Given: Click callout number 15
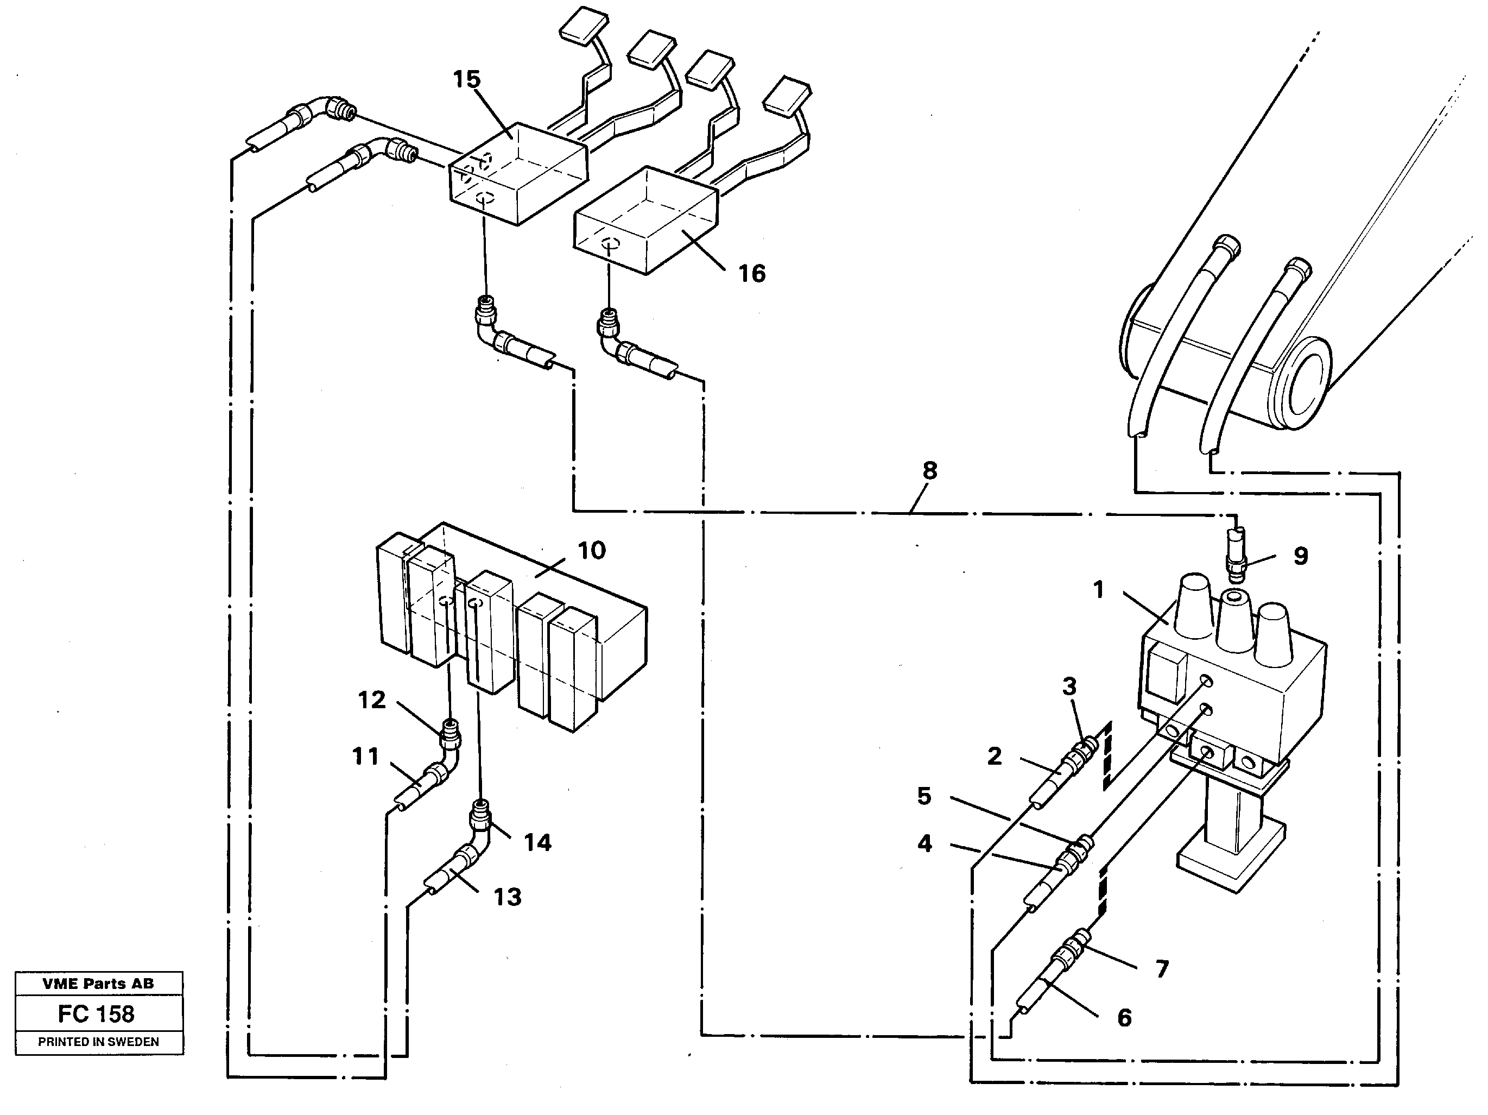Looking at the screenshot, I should (466, 79).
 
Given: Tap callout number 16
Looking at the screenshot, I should (751, 274).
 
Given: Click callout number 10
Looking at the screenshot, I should (591, 550).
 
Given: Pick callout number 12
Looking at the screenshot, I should (371, 700).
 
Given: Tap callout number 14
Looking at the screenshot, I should (537, 842).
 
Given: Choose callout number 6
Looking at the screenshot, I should (1124, 1018).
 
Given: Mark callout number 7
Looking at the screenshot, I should (1162, 968).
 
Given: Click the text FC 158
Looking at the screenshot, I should (96, 1013).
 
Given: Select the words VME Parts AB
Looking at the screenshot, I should (98, 983).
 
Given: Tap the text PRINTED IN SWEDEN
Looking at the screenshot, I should (98, 1042).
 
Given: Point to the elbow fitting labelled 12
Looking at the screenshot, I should (450, 736).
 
